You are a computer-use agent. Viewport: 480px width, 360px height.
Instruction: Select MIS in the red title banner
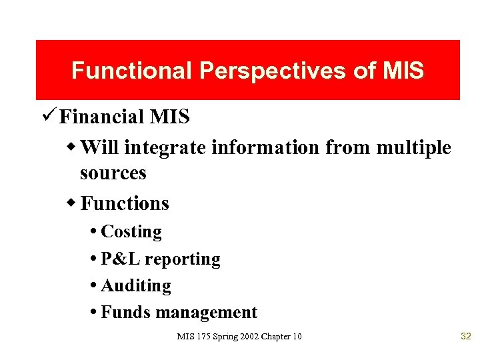point(403,71)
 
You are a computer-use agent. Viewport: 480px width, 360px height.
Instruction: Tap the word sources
point(113,173)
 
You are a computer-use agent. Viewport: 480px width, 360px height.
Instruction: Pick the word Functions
point(125,203)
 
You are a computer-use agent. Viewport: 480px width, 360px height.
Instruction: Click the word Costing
point(131,232)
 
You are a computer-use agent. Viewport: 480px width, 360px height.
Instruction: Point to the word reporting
point(182,259)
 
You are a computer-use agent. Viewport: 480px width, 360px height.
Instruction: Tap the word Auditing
point(136,286)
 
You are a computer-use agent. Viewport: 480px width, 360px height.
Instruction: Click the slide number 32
point(465,336)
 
